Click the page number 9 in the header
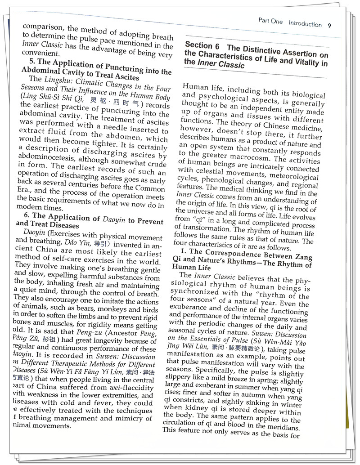(330, 26)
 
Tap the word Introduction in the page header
(305, 23)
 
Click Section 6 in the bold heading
(202, 45)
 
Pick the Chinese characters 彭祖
(50, 339)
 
